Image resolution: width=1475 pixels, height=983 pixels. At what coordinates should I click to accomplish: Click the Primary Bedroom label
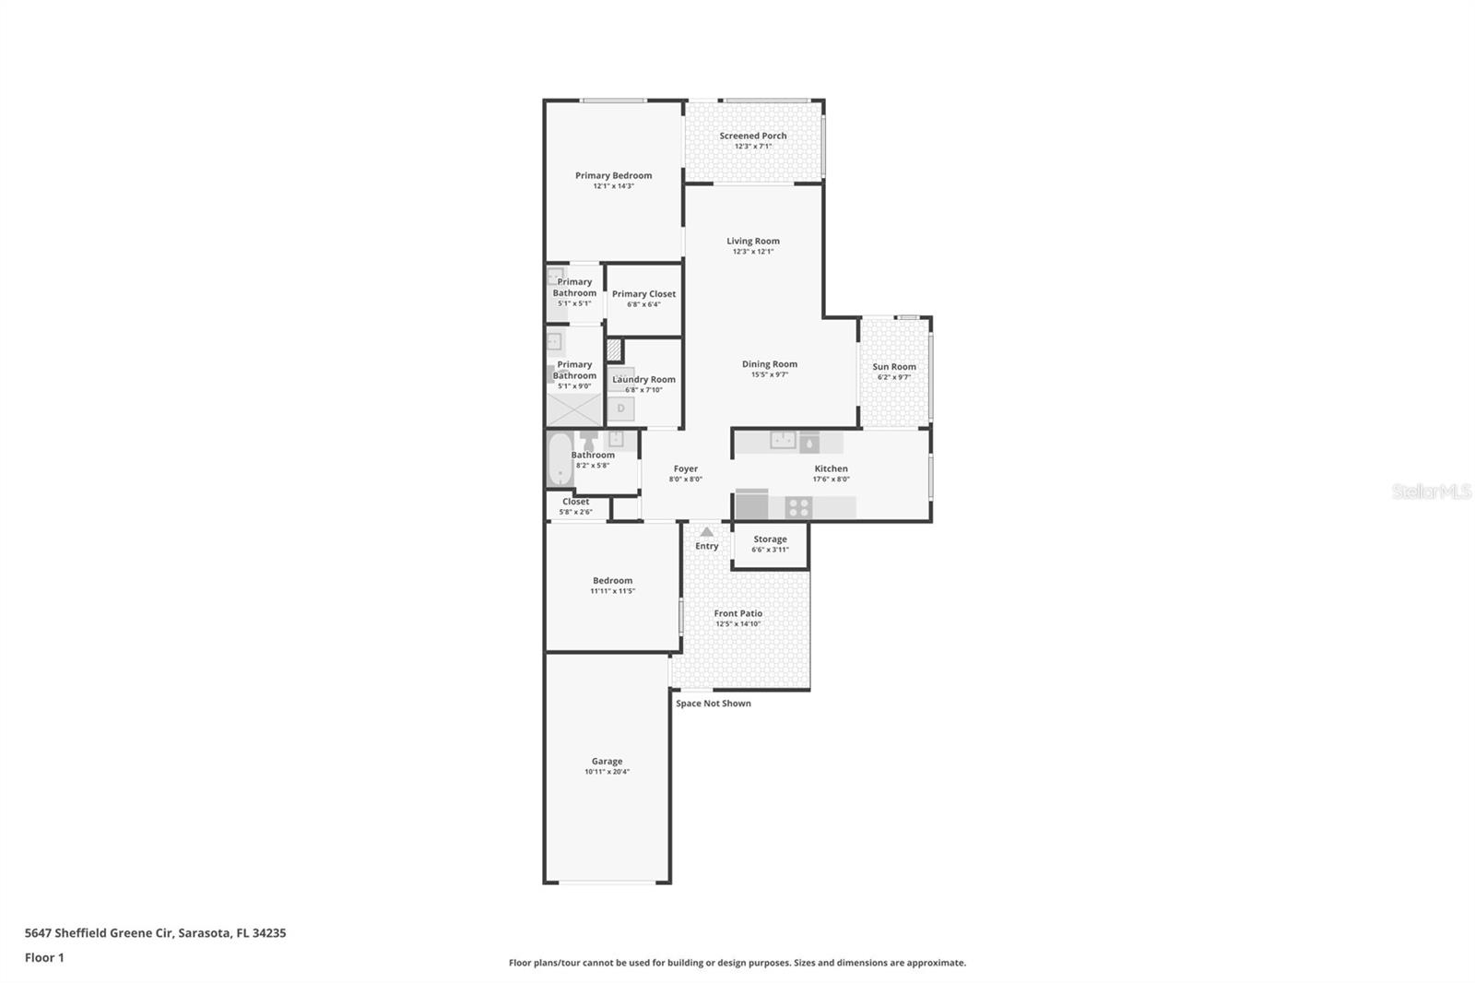[x=613, y=175]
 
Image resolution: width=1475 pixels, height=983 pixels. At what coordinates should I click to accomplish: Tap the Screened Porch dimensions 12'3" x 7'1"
[x=753, y=147]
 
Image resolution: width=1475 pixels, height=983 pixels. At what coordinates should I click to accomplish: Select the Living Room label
[x=752, y=241]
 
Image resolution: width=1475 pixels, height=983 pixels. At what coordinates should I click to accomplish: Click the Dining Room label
[x=769, y=364]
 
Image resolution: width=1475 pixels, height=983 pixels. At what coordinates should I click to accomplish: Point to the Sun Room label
[x=893, y=367]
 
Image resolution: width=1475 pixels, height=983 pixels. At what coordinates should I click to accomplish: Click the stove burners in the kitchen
[x=798, y=507]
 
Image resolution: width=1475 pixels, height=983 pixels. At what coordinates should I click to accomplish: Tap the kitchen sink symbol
[x=783, y=441]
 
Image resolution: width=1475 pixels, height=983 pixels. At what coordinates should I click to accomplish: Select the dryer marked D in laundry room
[x=621, y=409]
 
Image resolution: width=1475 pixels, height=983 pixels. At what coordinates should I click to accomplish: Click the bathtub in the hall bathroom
[x=559, y=458]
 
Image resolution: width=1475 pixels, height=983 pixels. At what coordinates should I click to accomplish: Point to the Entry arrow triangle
[x=706, y=532]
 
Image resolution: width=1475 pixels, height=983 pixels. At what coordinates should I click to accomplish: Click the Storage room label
[x=770, y=539]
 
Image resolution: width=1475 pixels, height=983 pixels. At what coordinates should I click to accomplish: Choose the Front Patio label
[x=737, y=613]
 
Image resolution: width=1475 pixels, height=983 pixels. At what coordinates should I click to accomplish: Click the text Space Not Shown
[x=713, y=704]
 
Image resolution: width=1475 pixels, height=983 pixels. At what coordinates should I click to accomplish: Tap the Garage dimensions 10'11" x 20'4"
[x=607, y=772]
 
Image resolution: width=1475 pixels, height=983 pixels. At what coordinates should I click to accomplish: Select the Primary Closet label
[x=643, y=294]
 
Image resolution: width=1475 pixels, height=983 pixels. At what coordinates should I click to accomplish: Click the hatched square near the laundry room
[x=614, y=350]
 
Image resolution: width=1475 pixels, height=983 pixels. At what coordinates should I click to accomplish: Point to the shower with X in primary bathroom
[x=573, y=409]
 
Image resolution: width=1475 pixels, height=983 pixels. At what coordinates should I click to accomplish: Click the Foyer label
[x=685, y=468]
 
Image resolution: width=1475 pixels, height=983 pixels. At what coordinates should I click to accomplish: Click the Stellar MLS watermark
[x=1431, y=491]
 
